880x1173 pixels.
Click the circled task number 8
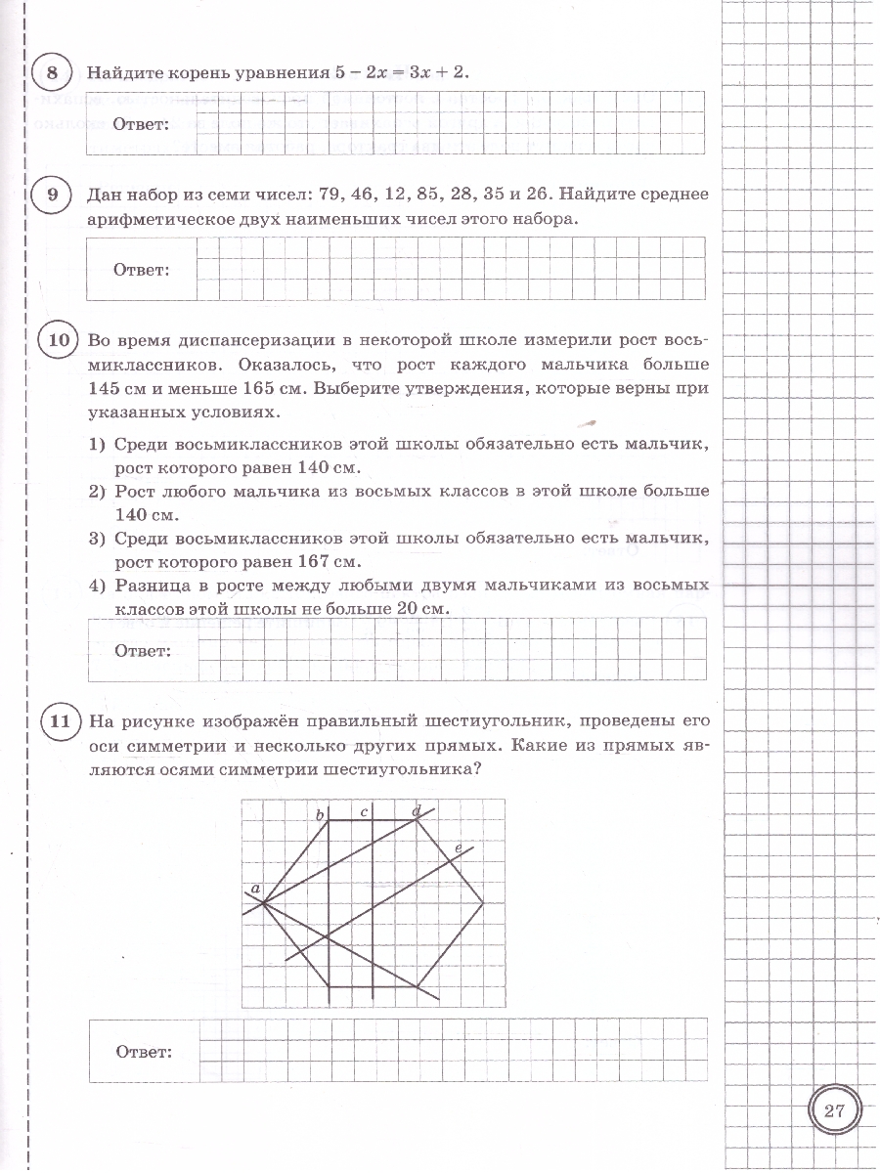click(x=52, y=73)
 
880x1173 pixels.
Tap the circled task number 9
click(x=52, y=195)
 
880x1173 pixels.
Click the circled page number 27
click(x=834, y=1111)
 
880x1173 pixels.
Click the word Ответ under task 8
click(x=141, y=124)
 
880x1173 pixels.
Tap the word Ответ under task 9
click(x=142, y=269)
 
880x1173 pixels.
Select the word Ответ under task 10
click(x=143, y=650)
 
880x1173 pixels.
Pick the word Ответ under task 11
click(x=144, y=1052)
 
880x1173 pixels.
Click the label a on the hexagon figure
click(x=255, y=888)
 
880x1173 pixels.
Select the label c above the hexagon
click(x=364, y=811)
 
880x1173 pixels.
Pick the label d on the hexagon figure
click(x=417, y=810)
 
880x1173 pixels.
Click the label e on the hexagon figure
click(x=458, y=847)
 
